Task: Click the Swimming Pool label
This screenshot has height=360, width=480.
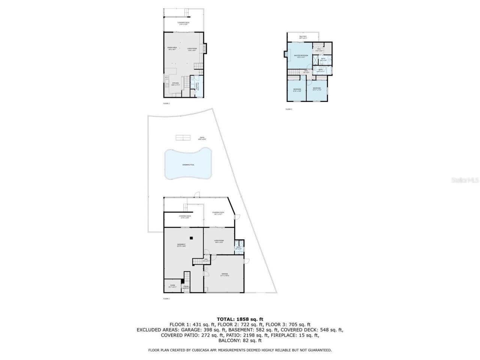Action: coord(188,165)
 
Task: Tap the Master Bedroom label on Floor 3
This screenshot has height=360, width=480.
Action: coord(301,55)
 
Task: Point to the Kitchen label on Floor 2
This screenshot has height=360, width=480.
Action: coord(175,83)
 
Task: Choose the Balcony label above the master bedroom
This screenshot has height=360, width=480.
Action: coord(303,36)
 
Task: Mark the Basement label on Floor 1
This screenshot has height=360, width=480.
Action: coord(181,244)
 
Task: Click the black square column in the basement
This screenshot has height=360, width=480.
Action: coord(191,238)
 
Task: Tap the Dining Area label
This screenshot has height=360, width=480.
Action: coord(172,48)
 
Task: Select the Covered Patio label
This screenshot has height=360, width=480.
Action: coord(218,213)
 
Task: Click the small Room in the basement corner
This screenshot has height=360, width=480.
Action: coord(172,285)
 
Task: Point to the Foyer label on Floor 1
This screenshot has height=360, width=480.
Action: coord(186,286)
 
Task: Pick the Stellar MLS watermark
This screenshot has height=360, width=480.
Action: coord(465,180)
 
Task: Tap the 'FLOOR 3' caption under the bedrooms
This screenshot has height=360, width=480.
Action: coord(289,109)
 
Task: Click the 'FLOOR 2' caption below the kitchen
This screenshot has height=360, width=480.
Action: coord(166,103)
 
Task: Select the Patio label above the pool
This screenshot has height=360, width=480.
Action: coord(202,138)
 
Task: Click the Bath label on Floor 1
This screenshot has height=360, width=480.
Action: coord(238,247)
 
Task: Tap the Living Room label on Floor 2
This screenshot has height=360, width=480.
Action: coord(192,49)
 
